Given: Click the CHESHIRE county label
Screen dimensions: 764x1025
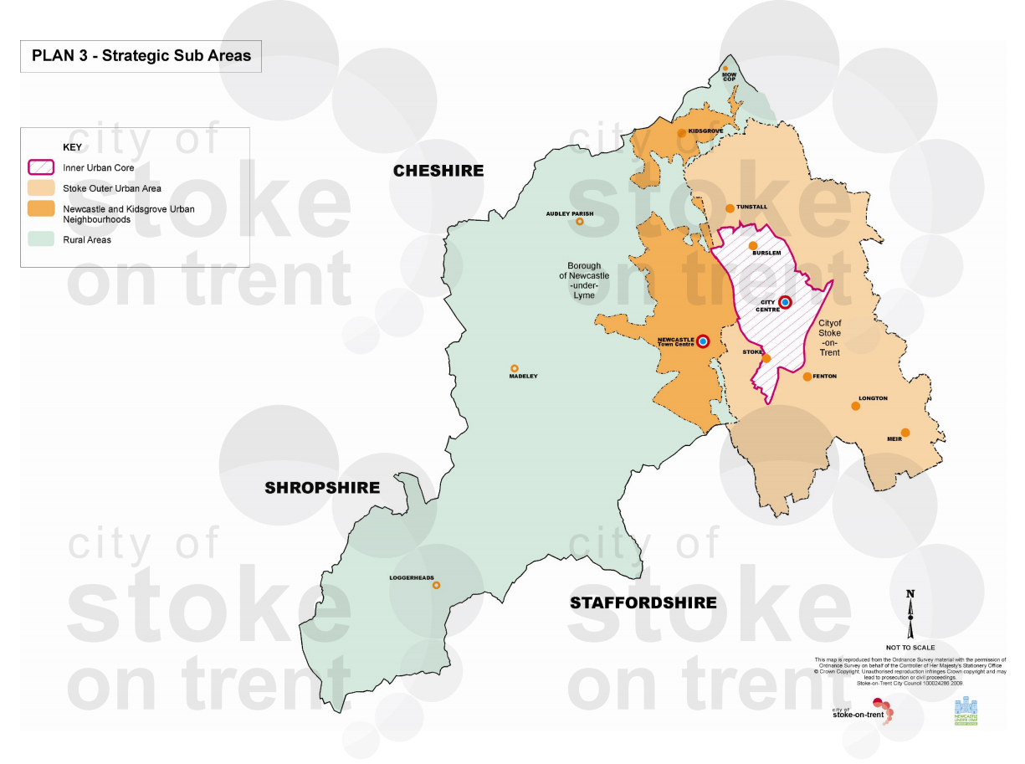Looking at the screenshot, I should coord(438,171).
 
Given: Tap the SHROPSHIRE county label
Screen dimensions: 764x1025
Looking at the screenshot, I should coord(322,488).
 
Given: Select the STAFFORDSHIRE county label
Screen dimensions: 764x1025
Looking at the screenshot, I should coord(643,602).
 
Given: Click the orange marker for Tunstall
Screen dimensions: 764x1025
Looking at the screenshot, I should coord(730,208).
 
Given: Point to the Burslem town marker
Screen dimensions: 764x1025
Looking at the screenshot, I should coord(752,245).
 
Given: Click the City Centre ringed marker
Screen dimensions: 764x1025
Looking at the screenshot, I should coord(785,303).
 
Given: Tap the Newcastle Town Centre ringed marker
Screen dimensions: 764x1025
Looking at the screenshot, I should coord(703,341).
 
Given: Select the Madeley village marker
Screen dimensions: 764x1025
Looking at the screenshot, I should coord(515,368).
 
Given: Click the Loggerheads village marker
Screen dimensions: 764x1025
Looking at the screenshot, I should coord(436,586).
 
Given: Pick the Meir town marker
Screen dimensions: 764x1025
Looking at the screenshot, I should coord(905,433).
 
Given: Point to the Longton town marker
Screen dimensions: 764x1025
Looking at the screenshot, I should coord(855,406).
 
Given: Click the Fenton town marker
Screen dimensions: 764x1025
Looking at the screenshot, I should coord(807,377).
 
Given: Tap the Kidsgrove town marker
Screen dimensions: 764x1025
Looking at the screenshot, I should coord(680,132).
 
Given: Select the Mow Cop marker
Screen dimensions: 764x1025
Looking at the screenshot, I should coord(725,69).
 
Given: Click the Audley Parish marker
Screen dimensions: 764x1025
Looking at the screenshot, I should coord(579,222).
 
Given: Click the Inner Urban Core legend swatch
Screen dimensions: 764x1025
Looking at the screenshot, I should coord(42,167).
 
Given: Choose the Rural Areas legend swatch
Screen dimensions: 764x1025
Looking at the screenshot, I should coord(42,239).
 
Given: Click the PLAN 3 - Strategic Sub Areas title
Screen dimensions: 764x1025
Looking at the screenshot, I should coord(141,56).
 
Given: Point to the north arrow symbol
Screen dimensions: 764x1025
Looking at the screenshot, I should coord(910,614).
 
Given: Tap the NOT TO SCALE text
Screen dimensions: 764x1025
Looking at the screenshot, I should coord(910,647).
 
